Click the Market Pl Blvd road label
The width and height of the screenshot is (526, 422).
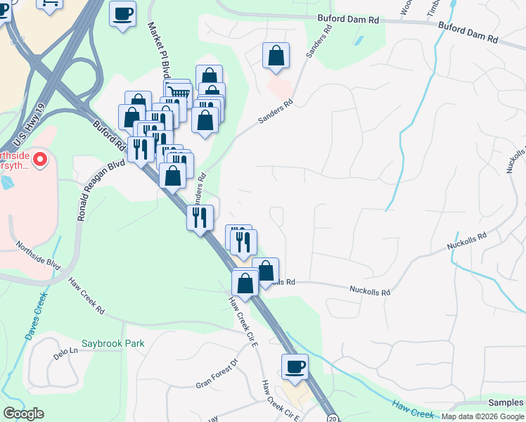(x=159, y=53)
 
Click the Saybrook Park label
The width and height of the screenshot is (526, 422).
(x=113, y=344)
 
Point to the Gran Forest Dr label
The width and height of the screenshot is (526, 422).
(x=218, y=376)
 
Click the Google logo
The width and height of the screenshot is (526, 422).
(x=23, y=414)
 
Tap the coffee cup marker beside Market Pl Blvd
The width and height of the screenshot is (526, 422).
(x=122, y=14)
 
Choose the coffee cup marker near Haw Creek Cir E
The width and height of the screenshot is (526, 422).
(x=295, y=366)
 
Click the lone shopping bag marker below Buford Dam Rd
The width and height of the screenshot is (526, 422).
(x=276, y=56)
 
